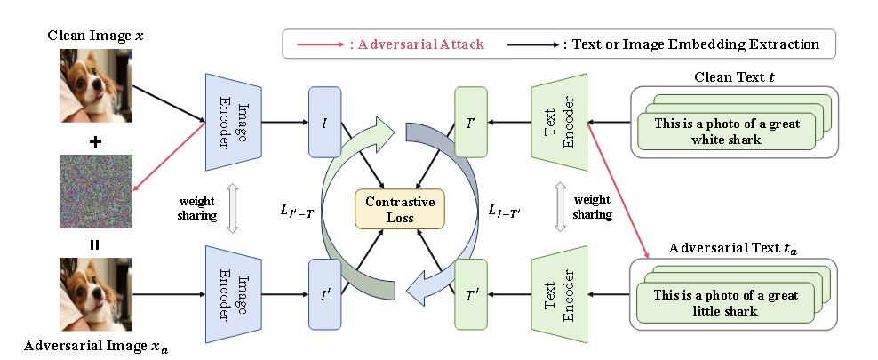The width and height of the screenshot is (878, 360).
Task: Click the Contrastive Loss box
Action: pos(400,210)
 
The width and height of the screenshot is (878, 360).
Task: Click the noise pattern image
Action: pos(95,191)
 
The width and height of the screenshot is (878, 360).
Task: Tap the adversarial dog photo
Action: pos(95,293)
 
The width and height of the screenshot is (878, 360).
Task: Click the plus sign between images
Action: pos(95,142)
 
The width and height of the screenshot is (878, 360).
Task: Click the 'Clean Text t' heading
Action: pos(733,76)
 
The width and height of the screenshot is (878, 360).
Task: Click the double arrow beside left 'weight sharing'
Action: pos(232,207)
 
